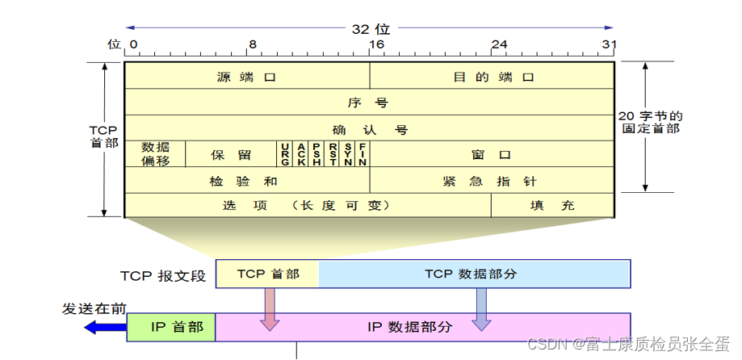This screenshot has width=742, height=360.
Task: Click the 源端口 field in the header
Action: [x=246, y=77]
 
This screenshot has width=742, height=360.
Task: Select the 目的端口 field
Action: [x=493, y=77]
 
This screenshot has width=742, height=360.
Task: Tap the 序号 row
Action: [x=368, y=103]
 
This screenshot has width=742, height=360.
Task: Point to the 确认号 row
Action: [x=368, y=129]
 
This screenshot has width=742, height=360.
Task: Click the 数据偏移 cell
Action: [x=155, y=153]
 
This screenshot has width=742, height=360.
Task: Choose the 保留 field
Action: [x=231, y=154]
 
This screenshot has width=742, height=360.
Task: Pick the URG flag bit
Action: [x=285, y=153]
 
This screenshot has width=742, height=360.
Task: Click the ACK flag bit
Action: [x=300, y=153]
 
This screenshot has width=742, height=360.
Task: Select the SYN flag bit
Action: [x=347, y=153]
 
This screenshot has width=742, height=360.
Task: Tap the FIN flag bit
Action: [x=363, y=153]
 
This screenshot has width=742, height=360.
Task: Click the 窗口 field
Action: [x=492, y=154]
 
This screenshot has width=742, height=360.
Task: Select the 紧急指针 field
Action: [x=491, y=181]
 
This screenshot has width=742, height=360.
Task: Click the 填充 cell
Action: [x=552, y=205]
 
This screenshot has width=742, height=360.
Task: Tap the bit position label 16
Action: [x=376, y=44]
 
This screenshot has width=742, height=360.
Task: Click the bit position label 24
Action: [x=499, y=44]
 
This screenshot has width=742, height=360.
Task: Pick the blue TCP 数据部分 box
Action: [x=475, y=274]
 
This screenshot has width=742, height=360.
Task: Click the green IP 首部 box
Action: [x=171, y=327]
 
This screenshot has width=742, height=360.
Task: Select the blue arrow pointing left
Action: [x=105, y=327]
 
